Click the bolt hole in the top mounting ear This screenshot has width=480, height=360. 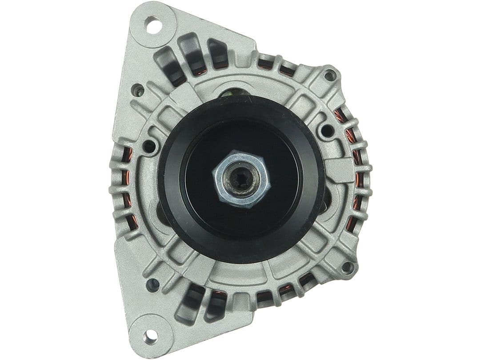(x=153, y=25)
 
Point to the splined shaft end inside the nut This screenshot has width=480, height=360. (x=242, y=179)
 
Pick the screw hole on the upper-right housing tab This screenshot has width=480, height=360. (x=329, y=76)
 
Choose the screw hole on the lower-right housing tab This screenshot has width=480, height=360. (x=347, y=268)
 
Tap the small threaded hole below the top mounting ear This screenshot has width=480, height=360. (x=139, y=91)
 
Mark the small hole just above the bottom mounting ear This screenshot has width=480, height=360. (x=152, y=284)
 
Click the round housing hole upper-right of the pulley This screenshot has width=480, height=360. (x=327, y=130)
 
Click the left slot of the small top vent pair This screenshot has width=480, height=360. (x=265, y=62)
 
